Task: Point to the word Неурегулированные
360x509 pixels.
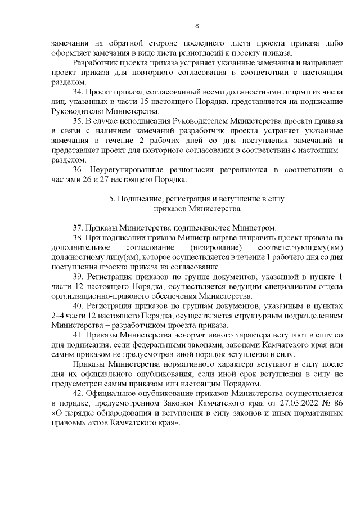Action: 123,170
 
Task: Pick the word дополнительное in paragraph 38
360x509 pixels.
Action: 78,247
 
